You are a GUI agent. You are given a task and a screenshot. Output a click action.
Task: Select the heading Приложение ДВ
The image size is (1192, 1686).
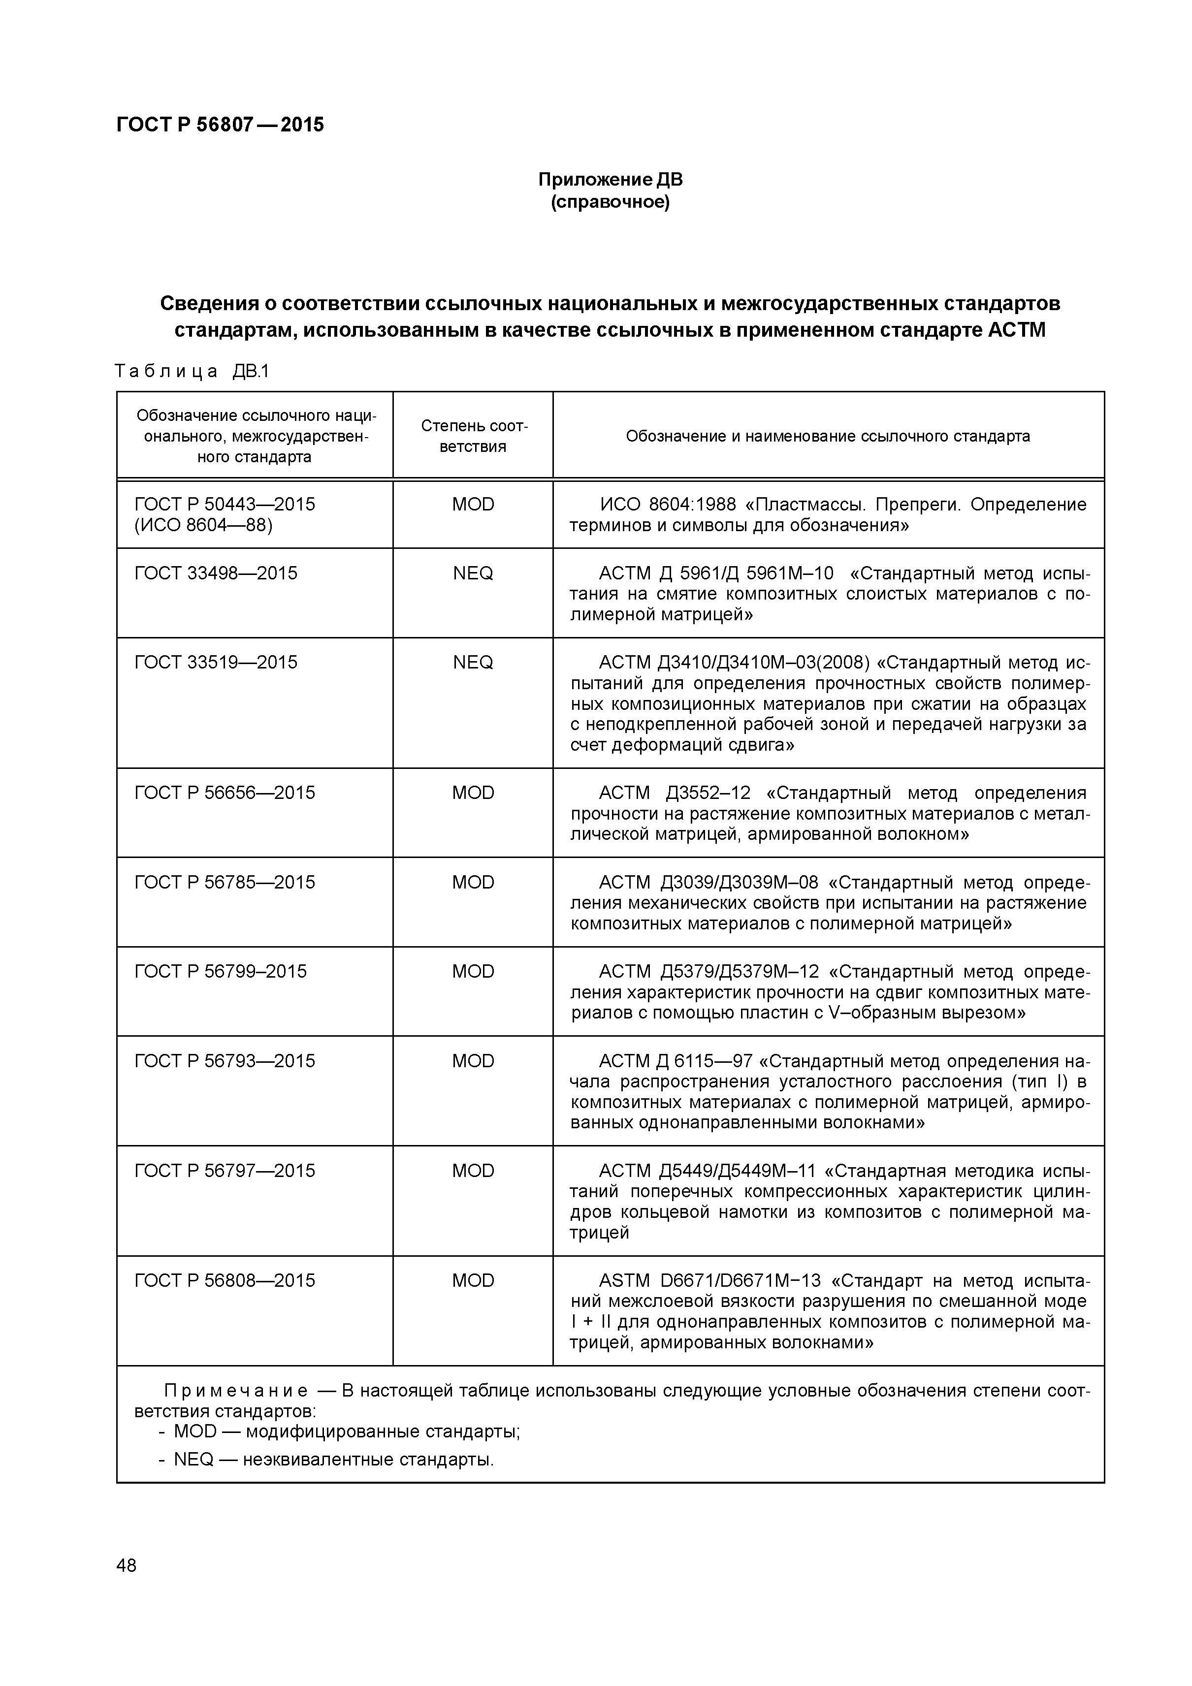point(611,180)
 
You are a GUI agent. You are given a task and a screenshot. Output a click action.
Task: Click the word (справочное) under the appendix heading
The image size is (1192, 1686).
point(611,202)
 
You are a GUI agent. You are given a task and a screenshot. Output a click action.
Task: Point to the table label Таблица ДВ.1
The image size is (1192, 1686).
point(193,372)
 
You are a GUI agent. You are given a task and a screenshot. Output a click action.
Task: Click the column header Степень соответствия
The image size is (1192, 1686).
point(474,436)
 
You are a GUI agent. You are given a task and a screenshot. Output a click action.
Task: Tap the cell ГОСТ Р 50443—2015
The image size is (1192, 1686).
point(225,505)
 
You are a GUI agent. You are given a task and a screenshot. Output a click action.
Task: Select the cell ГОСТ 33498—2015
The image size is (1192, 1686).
point(216,573)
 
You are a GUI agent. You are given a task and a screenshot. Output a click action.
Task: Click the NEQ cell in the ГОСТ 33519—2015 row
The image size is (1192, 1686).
point(473,663)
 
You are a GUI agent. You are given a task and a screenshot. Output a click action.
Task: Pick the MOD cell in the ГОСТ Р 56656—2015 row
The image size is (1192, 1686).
point(473,793)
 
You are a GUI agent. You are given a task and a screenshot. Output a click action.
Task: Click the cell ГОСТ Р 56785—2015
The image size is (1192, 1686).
point(225,882)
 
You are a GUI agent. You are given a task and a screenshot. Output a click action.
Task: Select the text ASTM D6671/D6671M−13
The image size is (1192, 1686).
point(709,1281)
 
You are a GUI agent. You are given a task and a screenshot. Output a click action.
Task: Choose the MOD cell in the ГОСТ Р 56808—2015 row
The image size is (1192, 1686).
point(473,1281)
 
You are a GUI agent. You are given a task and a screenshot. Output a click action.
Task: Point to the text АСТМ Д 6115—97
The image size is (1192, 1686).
point(676,1061)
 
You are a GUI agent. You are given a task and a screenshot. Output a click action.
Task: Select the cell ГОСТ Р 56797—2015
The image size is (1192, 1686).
point(225,1171)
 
